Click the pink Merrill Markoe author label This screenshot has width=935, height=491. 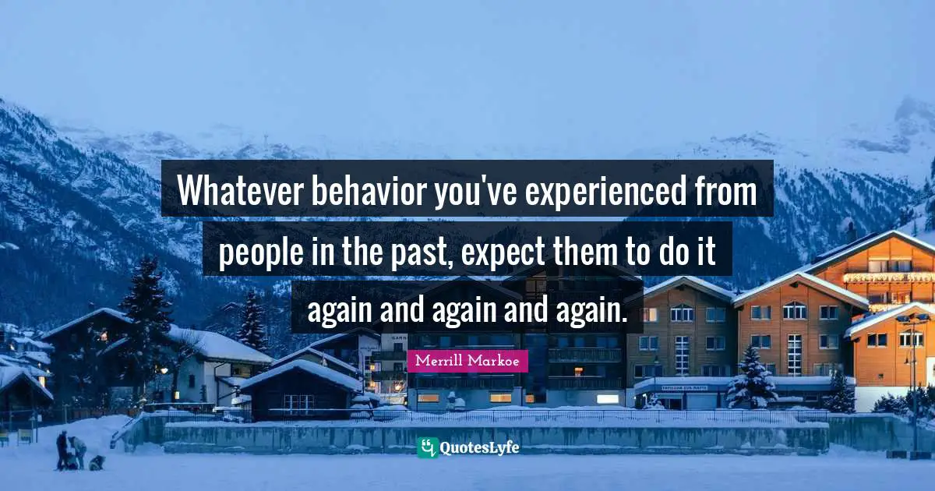pyautogui.click(x=467, y=361)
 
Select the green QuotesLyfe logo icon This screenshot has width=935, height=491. pyautogui.click(x=427, y=447)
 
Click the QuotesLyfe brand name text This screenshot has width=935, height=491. pyautogui.click(x=480, y=447)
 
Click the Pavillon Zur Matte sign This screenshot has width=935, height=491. pyautogui.click(x=685, y=387)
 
